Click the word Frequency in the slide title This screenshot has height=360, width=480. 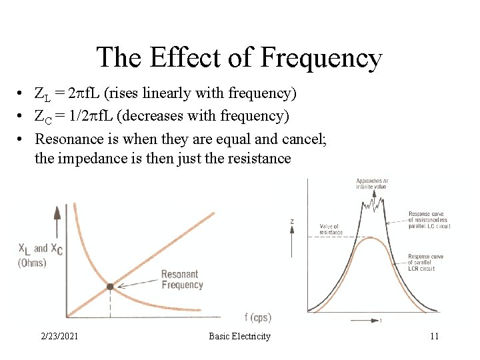[321, 58]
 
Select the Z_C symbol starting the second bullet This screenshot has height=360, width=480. [41, 117]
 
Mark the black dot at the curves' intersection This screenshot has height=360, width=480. [110, 287]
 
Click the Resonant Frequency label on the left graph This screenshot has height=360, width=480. [182, 279]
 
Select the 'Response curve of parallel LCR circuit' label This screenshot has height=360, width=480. [426, 262]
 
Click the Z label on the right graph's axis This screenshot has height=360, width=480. [291, 221]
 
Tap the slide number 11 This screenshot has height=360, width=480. [434, 336]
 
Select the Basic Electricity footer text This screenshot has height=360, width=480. [239, 336]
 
